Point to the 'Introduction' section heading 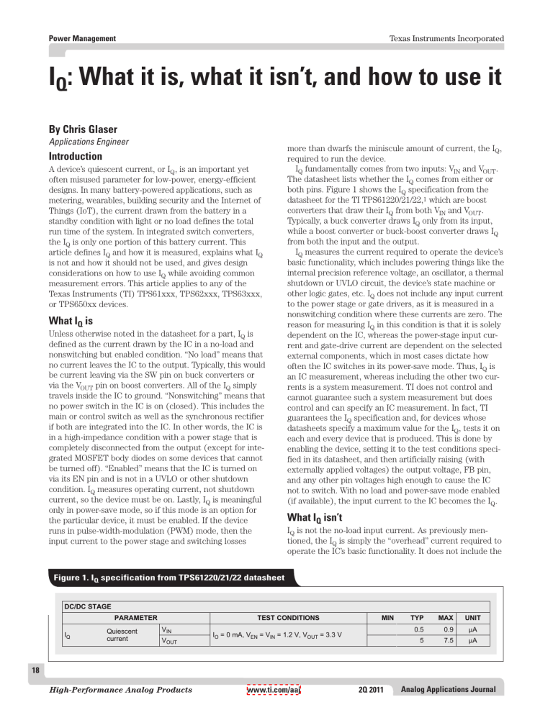pyautogui.click(x=81, y=156)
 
